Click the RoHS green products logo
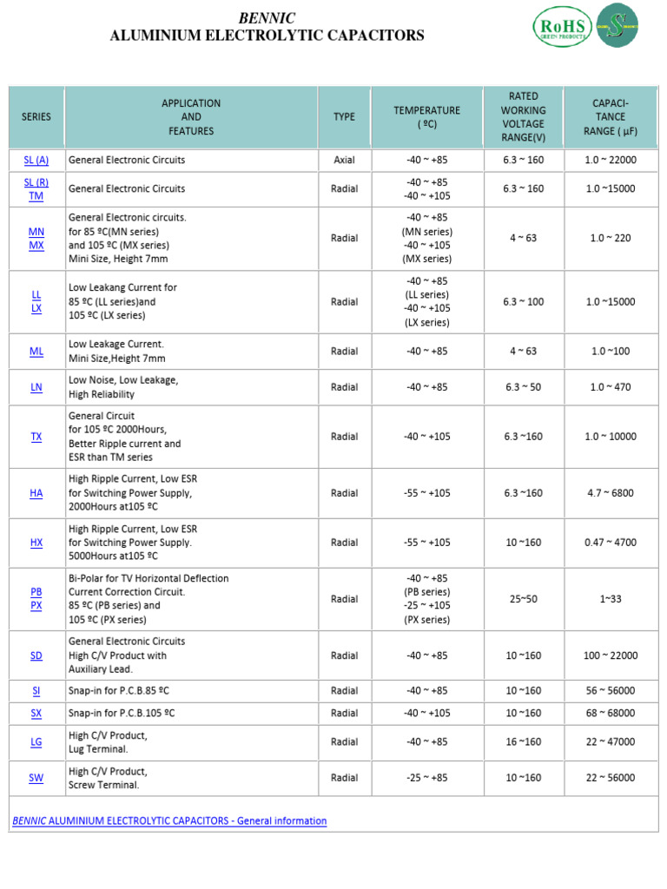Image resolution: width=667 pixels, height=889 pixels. click(x=562, y=26)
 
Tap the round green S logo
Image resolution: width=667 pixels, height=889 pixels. click(x=617, y=25)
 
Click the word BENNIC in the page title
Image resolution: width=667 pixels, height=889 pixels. click(x=267, y=18)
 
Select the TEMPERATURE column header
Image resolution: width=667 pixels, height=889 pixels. click(x=426, y=117)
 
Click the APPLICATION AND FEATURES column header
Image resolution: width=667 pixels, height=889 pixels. click(x=191, y=117)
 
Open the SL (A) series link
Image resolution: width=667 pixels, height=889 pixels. click(x=36, y=161)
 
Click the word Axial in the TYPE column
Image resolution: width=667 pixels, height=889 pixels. click(x=344, y=161)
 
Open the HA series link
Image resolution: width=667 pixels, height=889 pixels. click(x=36, y=493)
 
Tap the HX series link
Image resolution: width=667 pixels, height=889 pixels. click(x=36, y=543)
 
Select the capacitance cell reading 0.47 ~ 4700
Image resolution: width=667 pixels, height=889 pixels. click(x=611, y=543)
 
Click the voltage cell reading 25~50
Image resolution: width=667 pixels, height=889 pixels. click(x=523, y=599)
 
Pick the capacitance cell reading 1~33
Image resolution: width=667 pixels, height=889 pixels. click(x=611, y=599)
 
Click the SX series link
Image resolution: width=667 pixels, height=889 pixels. click(x=36, y=714)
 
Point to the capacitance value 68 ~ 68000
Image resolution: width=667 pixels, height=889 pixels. click(x=611, y=714)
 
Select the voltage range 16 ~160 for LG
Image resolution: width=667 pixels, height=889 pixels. click(x=523, y=742)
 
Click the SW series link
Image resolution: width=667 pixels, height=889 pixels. click(x=36, y=779)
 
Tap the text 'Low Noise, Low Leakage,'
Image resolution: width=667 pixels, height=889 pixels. click(x=123, y=380)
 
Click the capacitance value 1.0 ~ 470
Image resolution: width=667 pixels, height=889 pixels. click(x=611, y=387)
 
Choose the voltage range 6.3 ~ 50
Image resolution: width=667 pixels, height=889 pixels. click(x=523, y=387)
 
